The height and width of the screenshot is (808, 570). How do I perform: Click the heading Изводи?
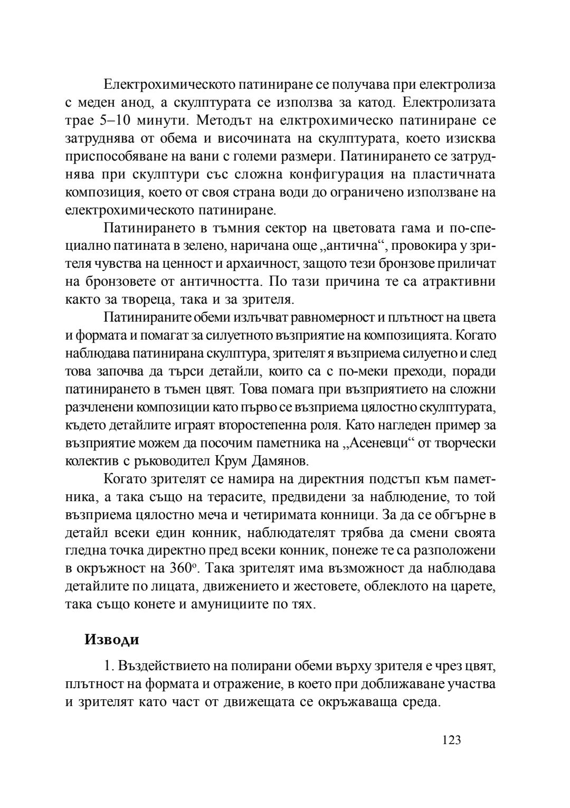pyautogui.click(x=112, y=640)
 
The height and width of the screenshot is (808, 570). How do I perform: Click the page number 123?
pyautogui.click(x=452, y=740)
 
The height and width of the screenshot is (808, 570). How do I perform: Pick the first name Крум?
pyautogui.click(x=231, y=461)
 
